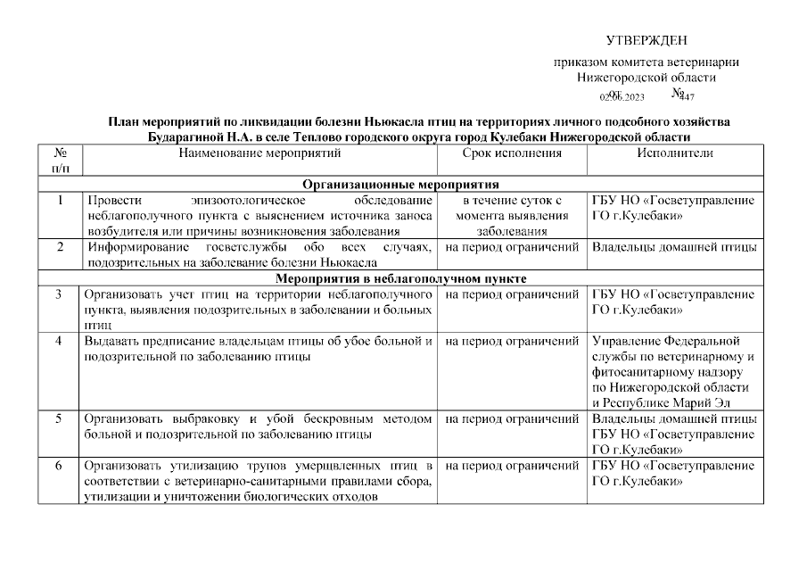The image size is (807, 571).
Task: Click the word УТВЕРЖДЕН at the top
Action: point(646,40)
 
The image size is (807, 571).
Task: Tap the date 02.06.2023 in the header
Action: point(622,96)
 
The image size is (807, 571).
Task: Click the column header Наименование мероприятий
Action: point(259,153)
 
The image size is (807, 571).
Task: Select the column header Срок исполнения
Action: point(512,153)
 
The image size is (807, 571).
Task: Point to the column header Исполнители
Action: point(674,153)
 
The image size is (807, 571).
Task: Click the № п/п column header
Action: point(61,161)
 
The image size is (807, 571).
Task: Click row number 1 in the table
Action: point(60,201)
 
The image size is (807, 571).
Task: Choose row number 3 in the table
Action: point(60,294)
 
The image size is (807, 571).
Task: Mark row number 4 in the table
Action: point(60,341)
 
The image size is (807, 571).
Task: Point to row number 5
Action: point(60,418)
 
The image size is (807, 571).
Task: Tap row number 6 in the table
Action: point(60,466)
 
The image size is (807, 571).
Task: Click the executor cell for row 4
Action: point(674,371)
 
